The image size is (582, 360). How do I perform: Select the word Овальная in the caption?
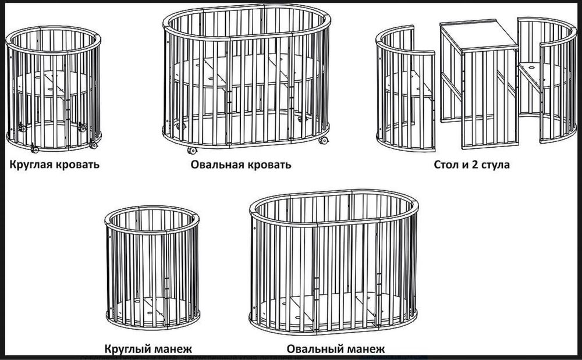tap(216, 165)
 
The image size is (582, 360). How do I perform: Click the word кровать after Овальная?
tap(267, 165)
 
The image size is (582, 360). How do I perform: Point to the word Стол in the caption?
tap(446, 165)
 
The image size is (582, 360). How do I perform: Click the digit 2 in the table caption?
tap(475, 165)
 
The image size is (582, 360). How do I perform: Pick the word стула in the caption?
tap(496, 165)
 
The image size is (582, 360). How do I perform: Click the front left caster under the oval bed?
tap(191, 150)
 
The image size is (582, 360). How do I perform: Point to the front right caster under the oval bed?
tap(321, 142)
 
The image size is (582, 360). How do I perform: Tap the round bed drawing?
tap(54, 87)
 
